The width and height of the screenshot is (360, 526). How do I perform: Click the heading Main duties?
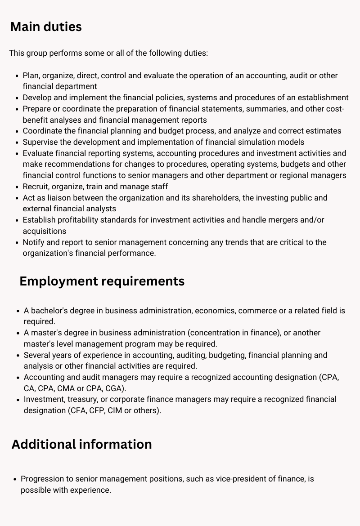pos(46,27)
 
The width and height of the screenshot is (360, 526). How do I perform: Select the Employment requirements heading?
pos(102,281)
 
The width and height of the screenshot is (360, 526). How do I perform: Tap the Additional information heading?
pos(81,444)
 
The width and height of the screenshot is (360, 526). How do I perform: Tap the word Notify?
pos(34,242)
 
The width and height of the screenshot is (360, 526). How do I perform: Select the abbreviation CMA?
pos(66,388)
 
